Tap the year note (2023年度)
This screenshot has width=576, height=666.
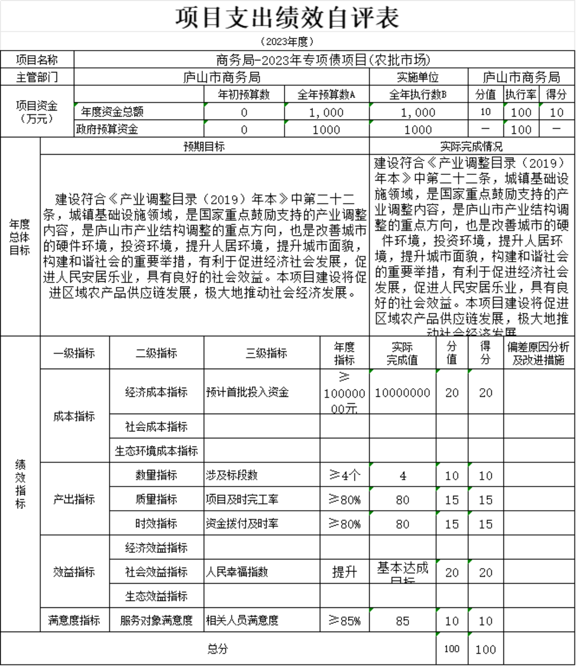[x=287, y=42]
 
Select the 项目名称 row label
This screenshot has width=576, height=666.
[x=37, y=60]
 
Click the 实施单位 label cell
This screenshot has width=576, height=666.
[x=418, y=77]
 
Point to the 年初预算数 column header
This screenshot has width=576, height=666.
[x=244, y=94]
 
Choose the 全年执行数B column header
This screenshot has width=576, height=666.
[x=418, y=94]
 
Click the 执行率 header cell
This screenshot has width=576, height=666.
[x=521, y=94]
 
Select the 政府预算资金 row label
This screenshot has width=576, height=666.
[x=107, y=129]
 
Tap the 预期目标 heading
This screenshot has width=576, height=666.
[x=204, y=147]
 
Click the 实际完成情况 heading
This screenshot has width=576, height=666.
[x=472, y=147]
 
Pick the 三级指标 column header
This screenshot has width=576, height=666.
[x=266, y=353]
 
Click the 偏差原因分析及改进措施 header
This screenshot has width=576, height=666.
[x=539, y=353]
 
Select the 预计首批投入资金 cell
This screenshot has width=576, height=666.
[x=247, y=392]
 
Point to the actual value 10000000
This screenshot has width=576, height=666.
[x=403, y=393]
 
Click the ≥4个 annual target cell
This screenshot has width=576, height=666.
[x=345, y=475]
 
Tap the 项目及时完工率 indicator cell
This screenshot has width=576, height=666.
[x=242, y=499]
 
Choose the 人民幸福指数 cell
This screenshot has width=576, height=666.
[x=237, y=572]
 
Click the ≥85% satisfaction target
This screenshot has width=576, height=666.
[x=345, y=620]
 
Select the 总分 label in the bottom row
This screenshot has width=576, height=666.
[x=218, y=649]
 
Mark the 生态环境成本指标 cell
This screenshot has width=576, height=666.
[x=156, y=451]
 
